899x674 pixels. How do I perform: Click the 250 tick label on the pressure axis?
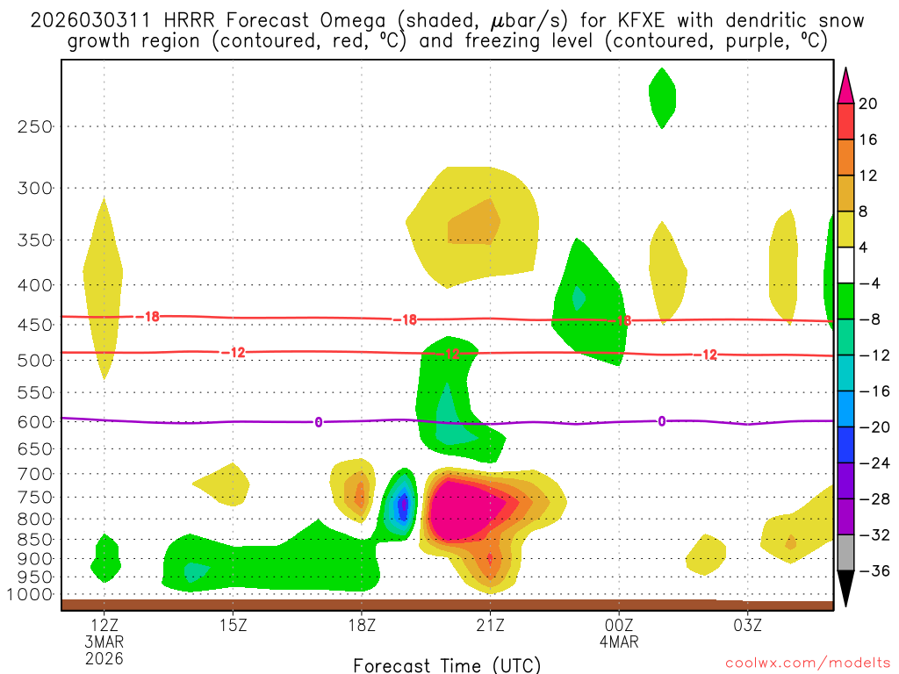(x=35, y=126)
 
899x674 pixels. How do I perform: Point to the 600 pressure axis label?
(x=35, y=421)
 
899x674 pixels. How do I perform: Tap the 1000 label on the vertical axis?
(x=31, y=595)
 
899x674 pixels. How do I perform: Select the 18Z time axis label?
(x=362, y=626)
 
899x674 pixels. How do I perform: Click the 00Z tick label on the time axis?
(x=619, y=626)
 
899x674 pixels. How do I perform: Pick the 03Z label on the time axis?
(x=748, y=626)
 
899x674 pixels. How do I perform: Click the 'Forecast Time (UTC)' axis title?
(x=448, y=664)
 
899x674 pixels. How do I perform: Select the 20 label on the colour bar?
(x=868, y=104)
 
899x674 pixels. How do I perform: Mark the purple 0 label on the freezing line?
(x=318, y=422)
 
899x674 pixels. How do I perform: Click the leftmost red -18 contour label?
(x=150, y=316)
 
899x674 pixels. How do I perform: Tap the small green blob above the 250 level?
(x=662, y=97)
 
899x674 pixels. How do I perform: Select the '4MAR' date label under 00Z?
(x=619, y=642)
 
